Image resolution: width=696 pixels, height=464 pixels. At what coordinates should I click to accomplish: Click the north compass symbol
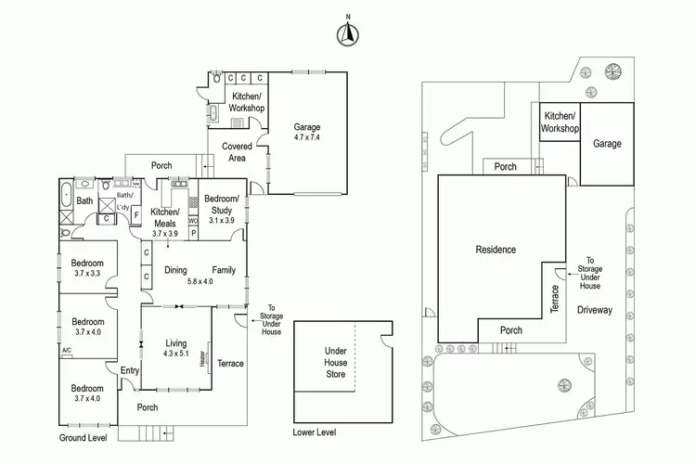347,32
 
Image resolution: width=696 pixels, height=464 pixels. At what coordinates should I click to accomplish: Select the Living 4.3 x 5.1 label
174,347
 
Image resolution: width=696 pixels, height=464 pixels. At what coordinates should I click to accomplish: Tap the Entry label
129,371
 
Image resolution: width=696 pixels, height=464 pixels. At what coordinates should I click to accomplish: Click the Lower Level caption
315,432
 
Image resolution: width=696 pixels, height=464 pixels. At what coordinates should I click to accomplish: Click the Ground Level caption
84,436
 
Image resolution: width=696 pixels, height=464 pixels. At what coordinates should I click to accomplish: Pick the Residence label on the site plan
496,250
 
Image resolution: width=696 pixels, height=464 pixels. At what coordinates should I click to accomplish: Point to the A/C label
67,350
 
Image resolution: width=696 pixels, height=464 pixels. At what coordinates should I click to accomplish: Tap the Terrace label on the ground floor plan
230,363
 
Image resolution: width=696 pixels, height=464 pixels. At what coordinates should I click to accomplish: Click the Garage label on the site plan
607,144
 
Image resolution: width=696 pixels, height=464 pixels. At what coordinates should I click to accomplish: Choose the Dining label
176,270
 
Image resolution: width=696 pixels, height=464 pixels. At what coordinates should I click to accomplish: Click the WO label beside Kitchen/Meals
193,222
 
